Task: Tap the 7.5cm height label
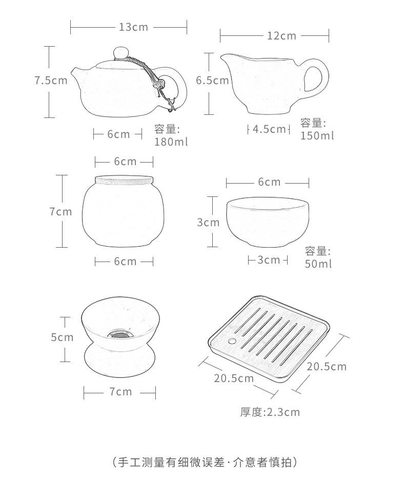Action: pos(51,81)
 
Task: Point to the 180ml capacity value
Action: pos(171,142)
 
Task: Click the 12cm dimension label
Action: pos(281,36)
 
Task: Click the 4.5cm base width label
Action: pos(269,129)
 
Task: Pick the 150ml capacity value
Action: pos(317,135)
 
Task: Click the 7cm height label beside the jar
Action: pos(61,211)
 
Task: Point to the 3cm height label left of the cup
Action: pos(208,223)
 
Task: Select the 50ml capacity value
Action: pos(318,264)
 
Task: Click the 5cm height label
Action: pos(62,337)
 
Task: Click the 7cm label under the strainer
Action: pos(120,392)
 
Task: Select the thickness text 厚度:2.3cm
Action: pos(270,412)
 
